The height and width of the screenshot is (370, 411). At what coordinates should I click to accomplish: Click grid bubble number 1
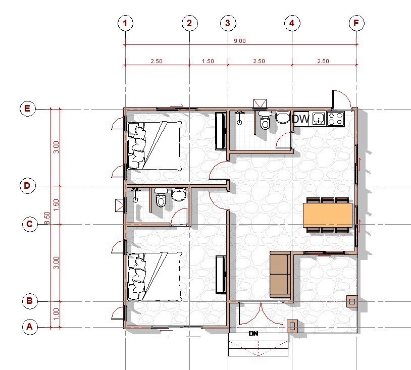coord(125,23)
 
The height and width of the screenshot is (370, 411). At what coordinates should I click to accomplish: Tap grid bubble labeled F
coord(356,23)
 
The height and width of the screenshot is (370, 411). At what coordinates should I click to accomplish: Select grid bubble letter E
coord(28,109)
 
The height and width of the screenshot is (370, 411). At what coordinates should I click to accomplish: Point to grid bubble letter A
coord(30,327)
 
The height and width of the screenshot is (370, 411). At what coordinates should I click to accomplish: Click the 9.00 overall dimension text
coord(240,41)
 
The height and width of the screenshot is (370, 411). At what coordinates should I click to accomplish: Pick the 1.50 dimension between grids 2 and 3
coord(208,61)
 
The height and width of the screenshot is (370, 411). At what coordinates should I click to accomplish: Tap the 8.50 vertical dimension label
coord(47,218)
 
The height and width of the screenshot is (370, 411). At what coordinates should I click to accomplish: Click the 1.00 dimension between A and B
coord(56,314)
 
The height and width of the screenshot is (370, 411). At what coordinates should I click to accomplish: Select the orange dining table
coord(328,215)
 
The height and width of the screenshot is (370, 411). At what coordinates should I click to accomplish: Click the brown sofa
coord(280,275)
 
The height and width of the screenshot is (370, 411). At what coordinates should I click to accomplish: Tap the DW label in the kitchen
coord(300,119)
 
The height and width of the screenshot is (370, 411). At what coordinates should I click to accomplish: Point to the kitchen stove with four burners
coord(336,118)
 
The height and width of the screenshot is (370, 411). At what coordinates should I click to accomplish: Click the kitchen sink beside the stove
coord(319,119)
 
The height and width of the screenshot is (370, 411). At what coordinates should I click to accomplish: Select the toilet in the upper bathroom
coord(265,120)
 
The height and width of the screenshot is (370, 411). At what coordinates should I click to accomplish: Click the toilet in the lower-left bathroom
coord(161,197)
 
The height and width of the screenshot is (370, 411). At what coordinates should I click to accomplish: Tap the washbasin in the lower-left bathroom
coord(179,194)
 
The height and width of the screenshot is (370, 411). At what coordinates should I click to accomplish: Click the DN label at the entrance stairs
coord(253,333)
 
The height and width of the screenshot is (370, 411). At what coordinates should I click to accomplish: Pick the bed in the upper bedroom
coord(155,145)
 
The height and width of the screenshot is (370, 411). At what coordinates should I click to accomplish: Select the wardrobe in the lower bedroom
coord(221,275)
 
